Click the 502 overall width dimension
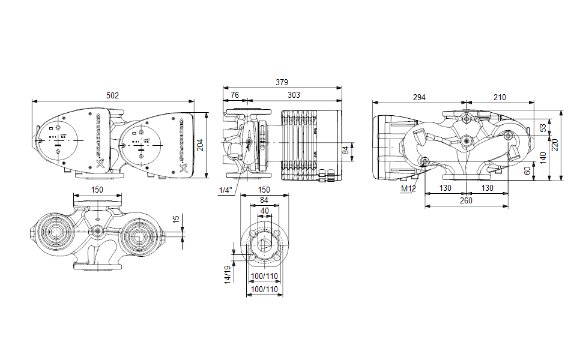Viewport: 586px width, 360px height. [112, 95]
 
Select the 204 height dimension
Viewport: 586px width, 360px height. [201, 145]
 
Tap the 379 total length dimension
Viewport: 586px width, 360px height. [282, 82]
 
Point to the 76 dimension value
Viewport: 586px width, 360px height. [235, 95]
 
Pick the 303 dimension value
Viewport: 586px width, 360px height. [294, 95]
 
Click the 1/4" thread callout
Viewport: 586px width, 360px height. [226, 190]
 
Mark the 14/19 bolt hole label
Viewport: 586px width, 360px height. [228, 275]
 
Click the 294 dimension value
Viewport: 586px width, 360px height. [418, 97]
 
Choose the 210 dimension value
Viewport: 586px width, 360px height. [499, 97]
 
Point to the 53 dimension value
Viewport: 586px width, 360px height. [543, 128]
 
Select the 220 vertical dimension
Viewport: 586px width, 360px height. [555, 145]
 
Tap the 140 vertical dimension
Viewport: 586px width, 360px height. [543, 158]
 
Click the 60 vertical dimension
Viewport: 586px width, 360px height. [528, 170]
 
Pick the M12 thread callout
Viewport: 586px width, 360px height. [408, 189]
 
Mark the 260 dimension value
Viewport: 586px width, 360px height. [466, 201]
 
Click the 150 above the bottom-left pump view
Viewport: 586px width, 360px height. [97, 190]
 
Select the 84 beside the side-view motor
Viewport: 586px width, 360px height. [345, 151]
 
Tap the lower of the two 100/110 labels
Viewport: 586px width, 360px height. [264, 289]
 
